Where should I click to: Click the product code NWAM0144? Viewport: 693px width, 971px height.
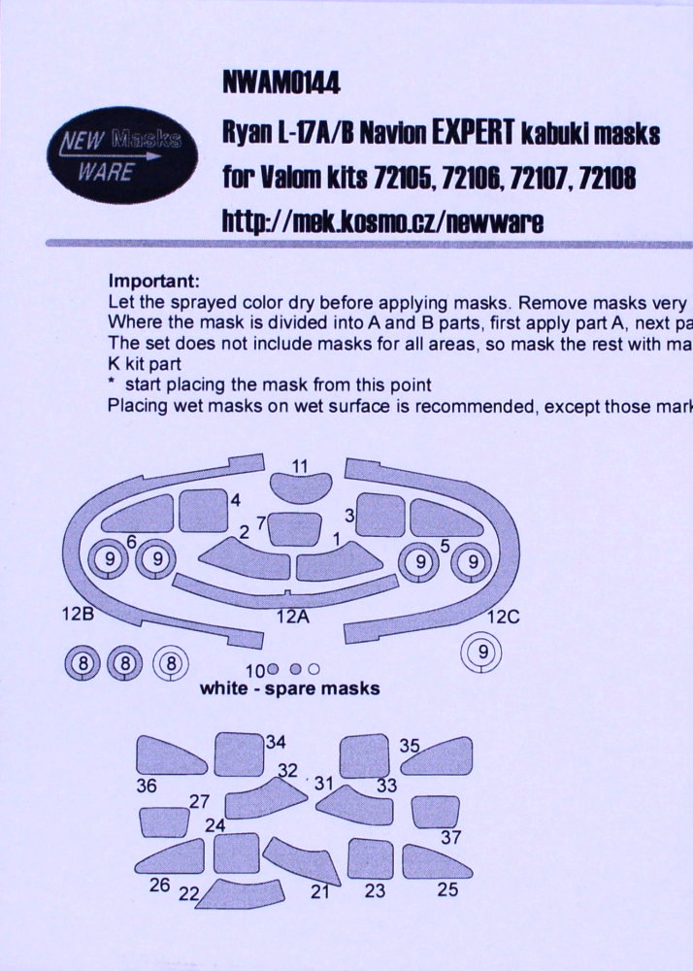pos(280,83)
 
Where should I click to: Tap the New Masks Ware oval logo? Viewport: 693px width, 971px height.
pos(122,154)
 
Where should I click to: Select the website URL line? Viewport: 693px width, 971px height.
pos(383,221)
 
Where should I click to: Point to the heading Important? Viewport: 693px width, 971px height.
pos(154,282)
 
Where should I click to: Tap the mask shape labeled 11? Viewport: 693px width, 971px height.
pos(300,486)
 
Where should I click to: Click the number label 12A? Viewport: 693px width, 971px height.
pos(293,617)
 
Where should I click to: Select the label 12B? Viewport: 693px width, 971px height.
pos(78,615)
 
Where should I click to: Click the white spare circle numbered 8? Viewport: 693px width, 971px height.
pos(171,663)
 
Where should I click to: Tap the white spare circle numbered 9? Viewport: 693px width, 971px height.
pos(481,652)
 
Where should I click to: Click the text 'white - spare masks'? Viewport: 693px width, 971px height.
pos(289,688)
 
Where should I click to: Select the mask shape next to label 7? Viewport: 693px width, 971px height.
pos(295,529)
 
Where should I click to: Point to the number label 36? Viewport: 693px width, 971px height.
pos(147,786)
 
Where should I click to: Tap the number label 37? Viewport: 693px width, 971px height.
pos(450,837)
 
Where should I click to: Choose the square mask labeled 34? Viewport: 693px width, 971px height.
pos(239,753)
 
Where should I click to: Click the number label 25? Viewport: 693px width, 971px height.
pos(447,889)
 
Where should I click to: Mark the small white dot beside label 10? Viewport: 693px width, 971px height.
pos(313,669)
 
